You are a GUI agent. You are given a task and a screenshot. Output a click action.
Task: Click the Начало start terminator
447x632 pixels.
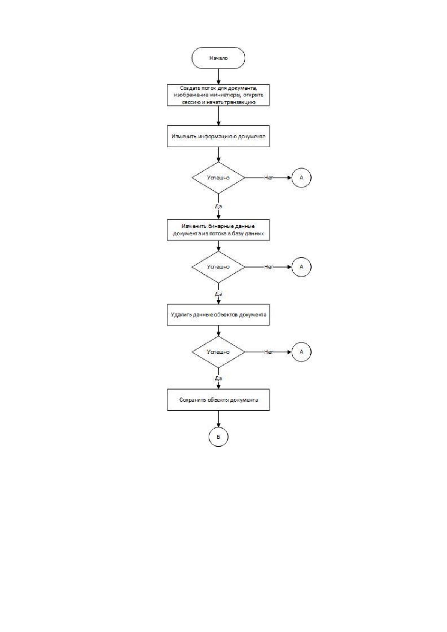point(218,58)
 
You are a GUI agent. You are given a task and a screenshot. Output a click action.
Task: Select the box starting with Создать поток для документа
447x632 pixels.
point(218,95)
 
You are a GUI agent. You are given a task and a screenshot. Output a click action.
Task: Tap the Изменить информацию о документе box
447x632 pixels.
point(218,136)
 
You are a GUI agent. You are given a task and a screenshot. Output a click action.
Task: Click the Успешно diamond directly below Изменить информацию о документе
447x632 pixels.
point(218,178)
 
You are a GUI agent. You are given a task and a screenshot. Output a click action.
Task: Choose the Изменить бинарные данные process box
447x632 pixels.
point(218,230)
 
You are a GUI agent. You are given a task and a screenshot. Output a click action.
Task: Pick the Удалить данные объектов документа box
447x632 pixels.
point(218,315)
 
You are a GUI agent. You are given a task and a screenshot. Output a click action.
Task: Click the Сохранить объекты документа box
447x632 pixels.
point(218,400)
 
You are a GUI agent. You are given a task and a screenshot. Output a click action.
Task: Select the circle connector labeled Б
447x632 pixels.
point(218,437)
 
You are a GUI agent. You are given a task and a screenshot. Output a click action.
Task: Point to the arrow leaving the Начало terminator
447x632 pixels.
point(218,77)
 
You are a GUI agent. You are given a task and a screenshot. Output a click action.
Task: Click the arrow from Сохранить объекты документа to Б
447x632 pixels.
point(218,419)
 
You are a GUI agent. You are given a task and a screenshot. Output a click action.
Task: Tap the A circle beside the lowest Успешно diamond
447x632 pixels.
point(301,352)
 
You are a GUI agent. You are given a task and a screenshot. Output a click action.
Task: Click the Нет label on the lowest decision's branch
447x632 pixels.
point(268,352)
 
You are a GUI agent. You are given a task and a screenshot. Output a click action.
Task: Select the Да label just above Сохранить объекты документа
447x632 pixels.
point(218,378)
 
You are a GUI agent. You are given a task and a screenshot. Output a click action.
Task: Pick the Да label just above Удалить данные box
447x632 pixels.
point(218,294)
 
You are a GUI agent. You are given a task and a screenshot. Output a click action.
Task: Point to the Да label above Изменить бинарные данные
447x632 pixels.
point(218,206)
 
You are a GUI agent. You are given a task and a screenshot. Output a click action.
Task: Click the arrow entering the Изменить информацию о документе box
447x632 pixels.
point(218,116)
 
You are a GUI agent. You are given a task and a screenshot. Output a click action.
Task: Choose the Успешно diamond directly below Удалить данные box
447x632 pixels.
point(218,352)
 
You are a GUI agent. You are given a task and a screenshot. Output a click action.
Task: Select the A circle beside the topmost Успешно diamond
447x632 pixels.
point(301,178)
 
